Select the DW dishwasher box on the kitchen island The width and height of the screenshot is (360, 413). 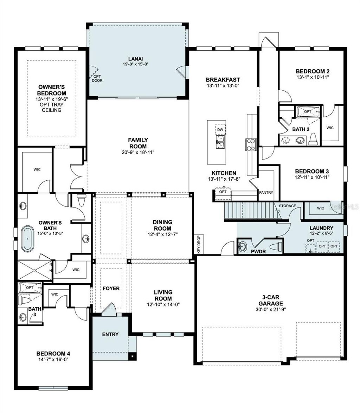click(220, 130)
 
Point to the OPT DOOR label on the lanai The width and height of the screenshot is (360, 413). click(97, 78)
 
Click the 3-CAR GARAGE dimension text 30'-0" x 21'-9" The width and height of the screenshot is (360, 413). click(269, 310)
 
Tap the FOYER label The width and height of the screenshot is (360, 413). click(111, 288)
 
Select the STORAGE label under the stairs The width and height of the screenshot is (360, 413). click(287, 206)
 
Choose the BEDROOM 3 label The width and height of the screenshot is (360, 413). click(312, 171)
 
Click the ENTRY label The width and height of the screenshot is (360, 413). click(110, 334)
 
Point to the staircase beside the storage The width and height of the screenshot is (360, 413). click(250, 211)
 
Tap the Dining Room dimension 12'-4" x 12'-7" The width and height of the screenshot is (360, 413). click(162, 234)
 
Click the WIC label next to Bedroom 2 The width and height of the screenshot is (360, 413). click(330, 128)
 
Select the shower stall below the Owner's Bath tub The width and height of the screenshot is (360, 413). click(34, 270)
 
